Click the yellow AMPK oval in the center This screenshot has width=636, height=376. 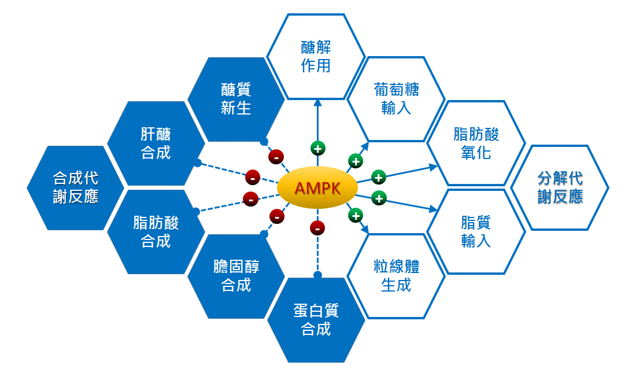(317, 188)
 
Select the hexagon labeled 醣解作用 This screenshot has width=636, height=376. (316, 56)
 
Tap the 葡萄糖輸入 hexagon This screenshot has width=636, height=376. (396, 99)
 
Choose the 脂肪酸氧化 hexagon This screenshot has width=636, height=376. (476, 143)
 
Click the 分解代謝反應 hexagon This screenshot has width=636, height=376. (560, 187)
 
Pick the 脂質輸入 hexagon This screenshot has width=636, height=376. (476, 231)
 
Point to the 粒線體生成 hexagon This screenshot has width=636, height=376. (396, 276)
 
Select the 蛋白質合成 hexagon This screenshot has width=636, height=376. (316, 320)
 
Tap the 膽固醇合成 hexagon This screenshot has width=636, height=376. (236, 276)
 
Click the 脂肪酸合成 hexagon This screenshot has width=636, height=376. (156, 231)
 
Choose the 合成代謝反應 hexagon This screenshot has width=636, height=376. (76, 187)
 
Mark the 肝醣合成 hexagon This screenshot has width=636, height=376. (156, 143)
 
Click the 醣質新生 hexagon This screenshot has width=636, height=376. (236, 99)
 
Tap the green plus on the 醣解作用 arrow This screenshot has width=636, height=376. (317, 149)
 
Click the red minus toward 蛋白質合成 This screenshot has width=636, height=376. (317, 228)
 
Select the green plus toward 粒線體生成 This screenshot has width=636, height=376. (356, 216)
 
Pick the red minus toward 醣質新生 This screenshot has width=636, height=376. (276, 157)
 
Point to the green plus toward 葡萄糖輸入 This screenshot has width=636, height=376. (356, 161)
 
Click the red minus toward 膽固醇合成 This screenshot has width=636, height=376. (277, 217)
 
